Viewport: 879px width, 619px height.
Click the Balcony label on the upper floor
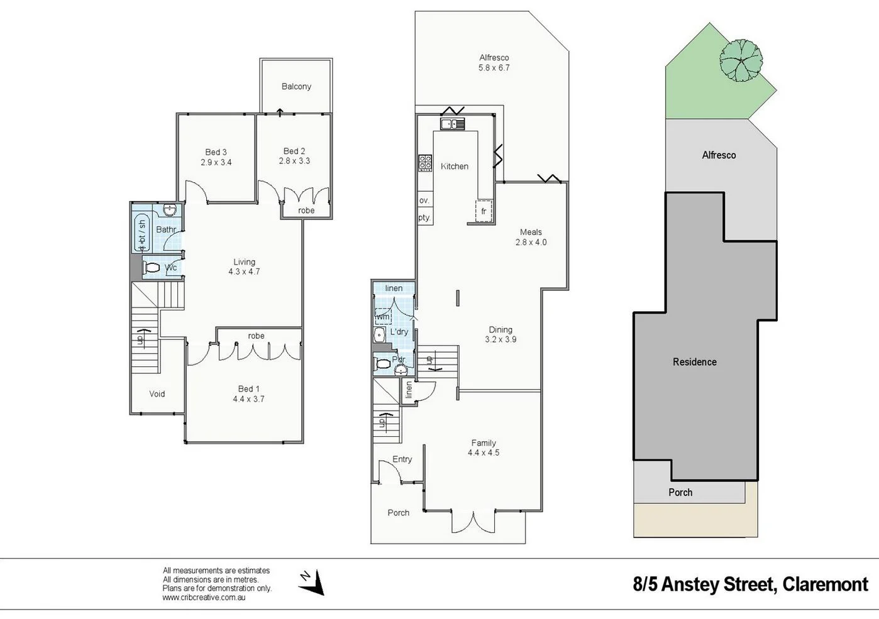point(296,87)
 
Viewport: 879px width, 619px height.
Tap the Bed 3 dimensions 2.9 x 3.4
point(216,162)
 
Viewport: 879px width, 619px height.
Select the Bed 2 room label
point(294,151)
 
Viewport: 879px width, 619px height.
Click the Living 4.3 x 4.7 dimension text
point(244,272)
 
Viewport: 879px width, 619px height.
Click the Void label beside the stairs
point(157,394)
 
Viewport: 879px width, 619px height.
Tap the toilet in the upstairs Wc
point(152,268)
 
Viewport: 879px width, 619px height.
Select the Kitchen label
point(454,167)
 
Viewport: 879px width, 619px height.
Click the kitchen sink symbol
point(452,124)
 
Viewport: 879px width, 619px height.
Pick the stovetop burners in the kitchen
point(425,163)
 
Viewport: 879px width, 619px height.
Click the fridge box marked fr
point(483,211)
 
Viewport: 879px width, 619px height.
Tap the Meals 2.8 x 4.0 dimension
point(531,242)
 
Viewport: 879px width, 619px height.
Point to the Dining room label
point(500,329)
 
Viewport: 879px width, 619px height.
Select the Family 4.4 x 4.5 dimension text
point(484,452)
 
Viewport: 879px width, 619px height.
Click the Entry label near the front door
point(402,459)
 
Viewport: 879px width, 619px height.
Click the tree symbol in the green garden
point(741,60)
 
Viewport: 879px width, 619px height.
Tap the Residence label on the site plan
point(694,362)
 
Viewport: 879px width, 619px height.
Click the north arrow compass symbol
point(312,582)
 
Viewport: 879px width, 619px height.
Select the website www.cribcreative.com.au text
point(204,598)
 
